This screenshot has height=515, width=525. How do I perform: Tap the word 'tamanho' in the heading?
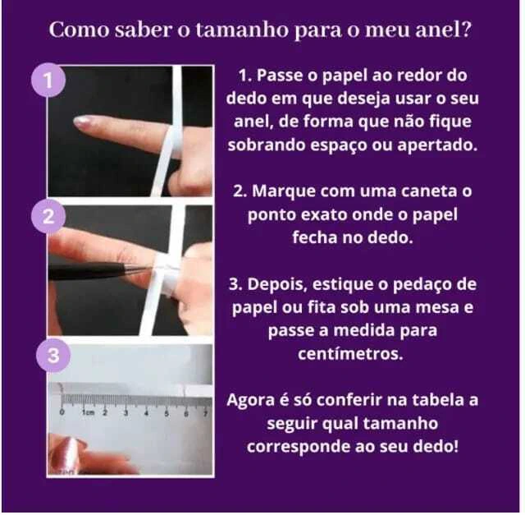[242, 30]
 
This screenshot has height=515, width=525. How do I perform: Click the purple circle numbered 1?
[48, 80]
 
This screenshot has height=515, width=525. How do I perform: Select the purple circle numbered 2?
[48, 216]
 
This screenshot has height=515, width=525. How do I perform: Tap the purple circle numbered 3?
[53, 355]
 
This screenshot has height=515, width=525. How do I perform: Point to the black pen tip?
[140, 268]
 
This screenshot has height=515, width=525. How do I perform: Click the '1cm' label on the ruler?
[89, 412]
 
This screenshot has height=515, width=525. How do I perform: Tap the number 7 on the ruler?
[206, 413]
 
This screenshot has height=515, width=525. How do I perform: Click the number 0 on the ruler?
[62, 412]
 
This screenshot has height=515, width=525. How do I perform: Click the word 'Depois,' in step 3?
[277, 284]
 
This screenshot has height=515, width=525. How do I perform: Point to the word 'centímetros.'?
[350, 354]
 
